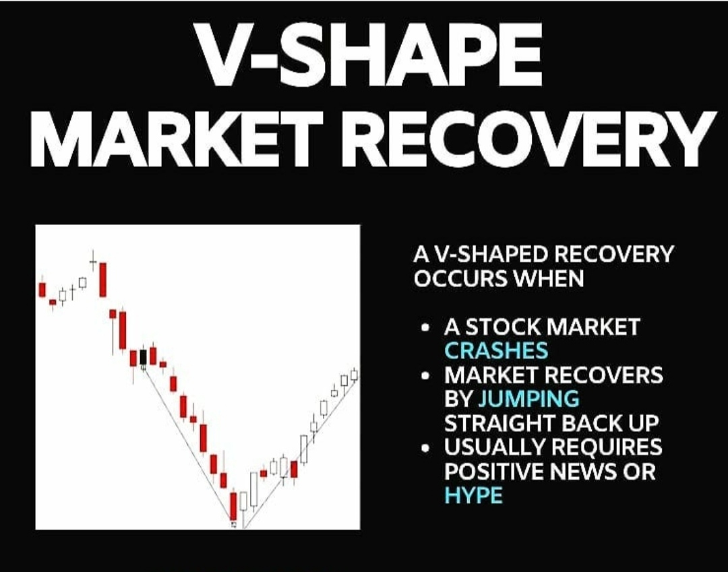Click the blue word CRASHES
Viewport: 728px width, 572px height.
[495, 351]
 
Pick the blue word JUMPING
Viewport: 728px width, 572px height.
[528, 399]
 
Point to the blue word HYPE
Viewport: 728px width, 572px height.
[473, 495]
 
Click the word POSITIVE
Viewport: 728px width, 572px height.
[494, 471]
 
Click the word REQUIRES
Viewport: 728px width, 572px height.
[610, 447]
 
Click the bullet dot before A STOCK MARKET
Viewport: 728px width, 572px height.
[425, 329]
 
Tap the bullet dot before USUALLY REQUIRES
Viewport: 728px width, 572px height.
[425, 449]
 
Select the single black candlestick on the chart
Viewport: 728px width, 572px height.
[143, 358]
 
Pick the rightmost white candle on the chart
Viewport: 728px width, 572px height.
[355, 375]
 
